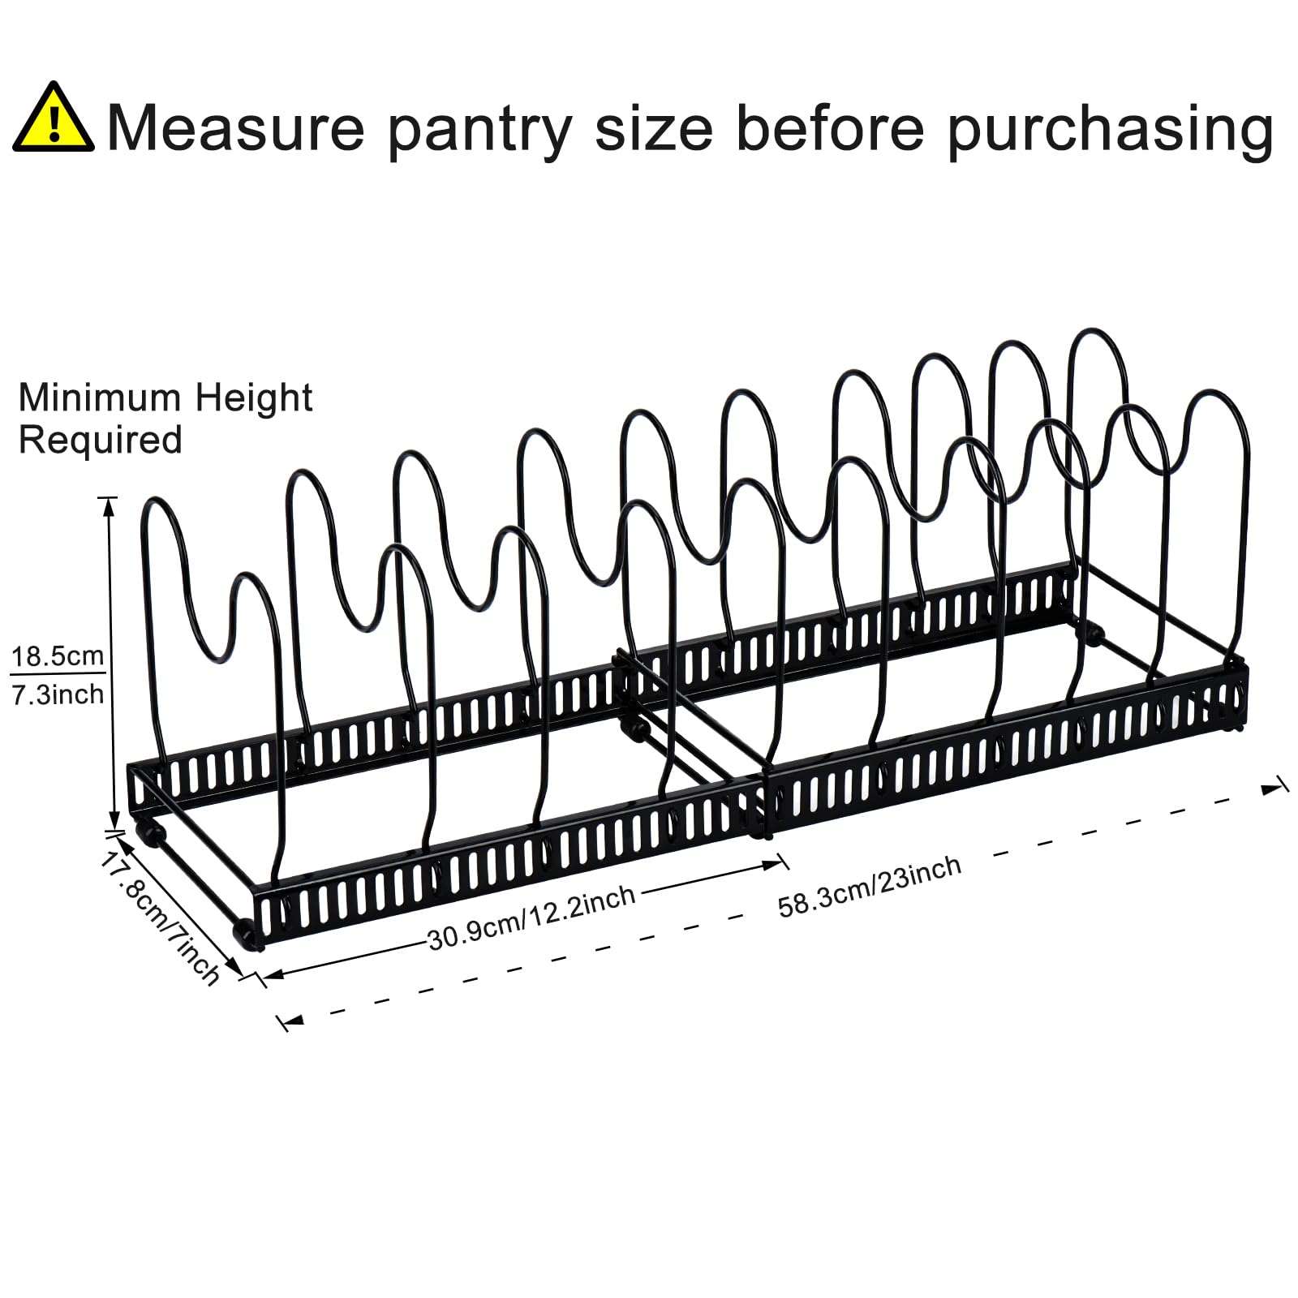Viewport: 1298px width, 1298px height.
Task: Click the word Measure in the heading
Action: (236, 127)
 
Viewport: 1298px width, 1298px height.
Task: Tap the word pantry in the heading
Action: (480, 130)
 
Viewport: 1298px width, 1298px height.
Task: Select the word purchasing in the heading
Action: (1110, 130)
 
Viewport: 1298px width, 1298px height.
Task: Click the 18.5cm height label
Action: (58, 655)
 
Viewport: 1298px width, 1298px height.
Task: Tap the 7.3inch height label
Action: (58, 694)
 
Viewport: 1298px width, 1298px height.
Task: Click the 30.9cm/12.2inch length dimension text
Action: (531, 918)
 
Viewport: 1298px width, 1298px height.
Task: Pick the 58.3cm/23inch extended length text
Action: (870, 886)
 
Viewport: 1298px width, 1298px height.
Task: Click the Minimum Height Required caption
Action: (165, 419)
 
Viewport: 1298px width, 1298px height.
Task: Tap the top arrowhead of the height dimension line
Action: (108, 506)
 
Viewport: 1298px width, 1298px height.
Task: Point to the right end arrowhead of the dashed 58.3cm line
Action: (1272, 788)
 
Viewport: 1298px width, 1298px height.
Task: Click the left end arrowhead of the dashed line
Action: (290, 1021)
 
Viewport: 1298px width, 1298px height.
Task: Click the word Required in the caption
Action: (101, 441)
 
